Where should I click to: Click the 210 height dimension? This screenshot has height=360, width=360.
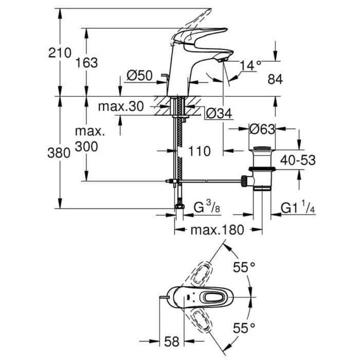[x=60, y=53]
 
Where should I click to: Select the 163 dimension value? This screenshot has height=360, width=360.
[x=86, y=63]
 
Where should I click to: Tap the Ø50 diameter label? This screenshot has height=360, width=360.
[x=139, y=75]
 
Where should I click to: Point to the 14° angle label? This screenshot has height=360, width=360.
[x=250, y=65]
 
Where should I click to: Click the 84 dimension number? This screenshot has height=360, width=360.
[x=275, y=79]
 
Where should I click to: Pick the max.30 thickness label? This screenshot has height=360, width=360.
[x=121, y=106]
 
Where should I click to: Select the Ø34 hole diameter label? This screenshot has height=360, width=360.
[x=219, y=113]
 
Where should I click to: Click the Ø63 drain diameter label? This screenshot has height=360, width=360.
[x=262, y=129]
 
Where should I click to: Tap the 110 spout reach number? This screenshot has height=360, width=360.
[x=199, y=151]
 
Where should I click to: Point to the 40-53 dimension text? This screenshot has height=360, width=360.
[x=298, y=160]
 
